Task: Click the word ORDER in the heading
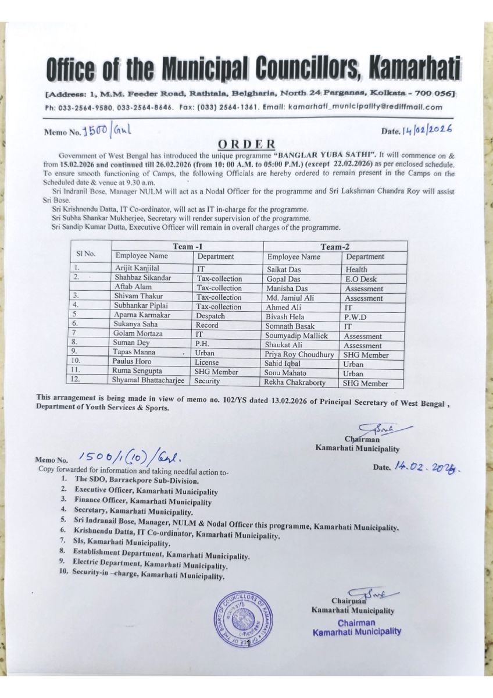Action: pos(246,144)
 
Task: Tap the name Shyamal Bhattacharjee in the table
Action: pos(148,380)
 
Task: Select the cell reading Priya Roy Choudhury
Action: pos(299,354)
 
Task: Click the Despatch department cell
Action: pos(210,316)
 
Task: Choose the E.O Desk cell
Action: pos(360,279)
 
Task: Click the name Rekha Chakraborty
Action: pos(295,383)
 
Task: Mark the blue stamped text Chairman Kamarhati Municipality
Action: pos(356,627)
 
